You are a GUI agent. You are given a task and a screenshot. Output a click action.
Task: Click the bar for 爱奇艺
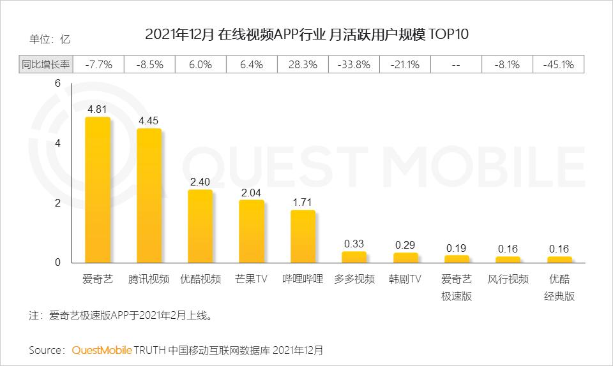[x=98, y=190]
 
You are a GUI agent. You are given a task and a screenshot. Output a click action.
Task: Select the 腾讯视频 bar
[x=149, y=196]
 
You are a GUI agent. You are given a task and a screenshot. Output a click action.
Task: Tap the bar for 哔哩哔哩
[x=303, y=237]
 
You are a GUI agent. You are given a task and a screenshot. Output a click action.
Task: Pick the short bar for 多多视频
[x=354, y=257]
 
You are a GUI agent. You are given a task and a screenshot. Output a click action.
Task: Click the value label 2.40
[x=201, y=181]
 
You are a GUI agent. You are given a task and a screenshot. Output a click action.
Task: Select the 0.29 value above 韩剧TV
[x=405, y=244]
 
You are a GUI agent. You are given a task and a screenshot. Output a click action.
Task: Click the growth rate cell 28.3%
[x=303, y=64]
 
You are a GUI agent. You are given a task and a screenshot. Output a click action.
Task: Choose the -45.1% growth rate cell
[x=559, y=64]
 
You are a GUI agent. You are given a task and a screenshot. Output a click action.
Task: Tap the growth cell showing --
[x=456, y=64]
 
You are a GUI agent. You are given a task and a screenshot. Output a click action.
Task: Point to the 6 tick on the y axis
[x=57, y=84]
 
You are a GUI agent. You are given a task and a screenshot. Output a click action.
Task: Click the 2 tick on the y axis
[x=57, y=203]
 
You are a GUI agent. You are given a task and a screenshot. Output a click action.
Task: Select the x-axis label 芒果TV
[x=252, y=279]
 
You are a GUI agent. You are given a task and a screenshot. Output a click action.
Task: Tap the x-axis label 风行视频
[x=508, y=279]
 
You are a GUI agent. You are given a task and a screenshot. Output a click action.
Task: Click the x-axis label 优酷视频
[x=201, y=279]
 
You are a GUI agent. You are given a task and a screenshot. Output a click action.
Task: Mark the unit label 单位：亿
[x=50, y=39]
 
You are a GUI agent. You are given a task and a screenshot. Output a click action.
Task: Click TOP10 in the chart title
[x=450, y=34]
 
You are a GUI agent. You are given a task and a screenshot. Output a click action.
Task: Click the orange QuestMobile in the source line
[x=102, y=350]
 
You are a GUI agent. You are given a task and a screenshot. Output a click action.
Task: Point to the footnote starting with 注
[x=121, y=315]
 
